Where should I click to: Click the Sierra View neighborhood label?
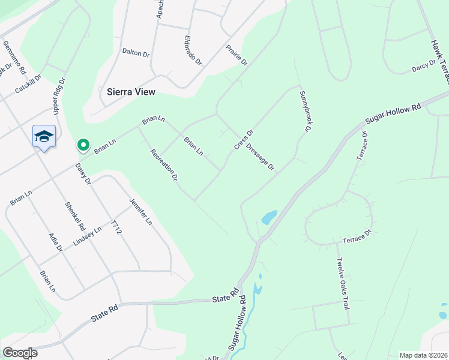pyautogui.click(x=131, y=92)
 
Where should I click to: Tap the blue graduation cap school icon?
pyautogui.click(x=44, y=137)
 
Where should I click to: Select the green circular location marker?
pyautogui.click(x=83, y=145)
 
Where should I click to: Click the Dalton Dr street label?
pyautogui.click(x=135, y=53)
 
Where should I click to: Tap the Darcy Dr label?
pyautogui.click(x=423, y=66)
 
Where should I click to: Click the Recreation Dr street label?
pyautogui.click(x=164, y=165)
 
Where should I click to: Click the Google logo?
pyautogui.click(x=19, y=353)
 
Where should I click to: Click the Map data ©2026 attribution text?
pyautogui.click(x=423, y=355)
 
